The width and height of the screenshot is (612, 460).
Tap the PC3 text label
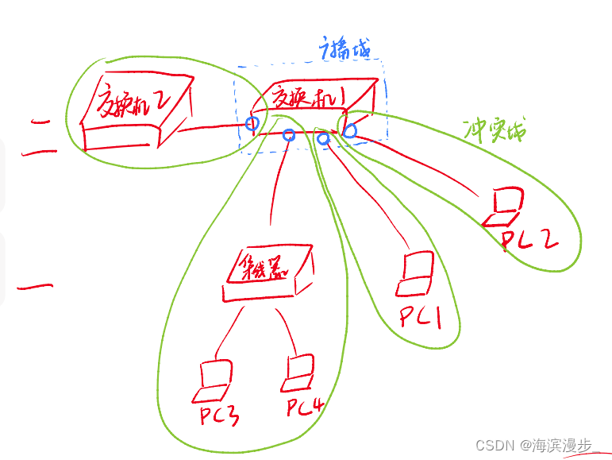219,415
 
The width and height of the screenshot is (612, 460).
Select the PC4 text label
306,409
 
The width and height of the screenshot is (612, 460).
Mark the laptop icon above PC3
214,380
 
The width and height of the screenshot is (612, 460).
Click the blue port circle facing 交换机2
252,124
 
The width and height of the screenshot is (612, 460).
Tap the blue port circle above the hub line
289,136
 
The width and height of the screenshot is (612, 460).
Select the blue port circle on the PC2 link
349,129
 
